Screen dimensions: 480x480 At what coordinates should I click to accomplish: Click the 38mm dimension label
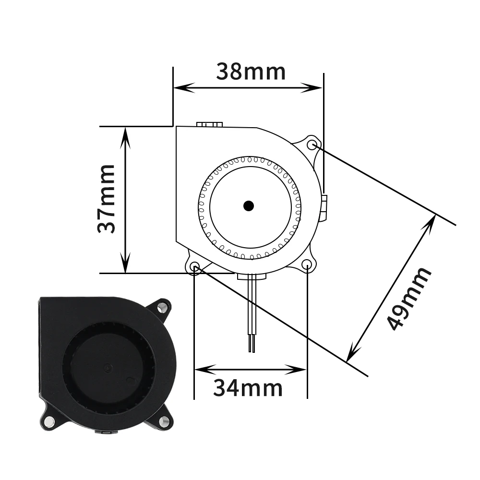[251, 72]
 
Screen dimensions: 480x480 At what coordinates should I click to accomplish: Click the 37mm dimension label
[106, 199]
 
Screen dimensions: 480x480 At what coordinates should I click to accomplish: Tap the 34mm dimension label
[248, 388]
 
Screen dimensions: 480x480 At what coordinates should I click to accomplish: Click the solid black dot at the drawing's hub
[249, 206]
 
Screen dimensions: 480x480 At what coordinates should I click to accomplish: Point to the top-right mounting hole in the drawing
[312, 144]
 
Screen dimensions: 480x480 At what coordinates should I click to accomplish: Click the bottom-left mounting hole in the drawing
[195, 266]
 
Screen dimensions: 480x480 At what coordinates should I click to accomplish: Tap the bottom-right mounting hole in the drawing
[307, 264]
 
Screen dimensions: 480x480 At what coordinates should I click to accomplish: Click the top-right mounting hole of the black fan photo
[162, 306]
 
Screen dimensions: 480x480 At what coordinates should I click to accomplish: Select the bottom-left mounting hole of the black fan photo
[48, 422]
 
